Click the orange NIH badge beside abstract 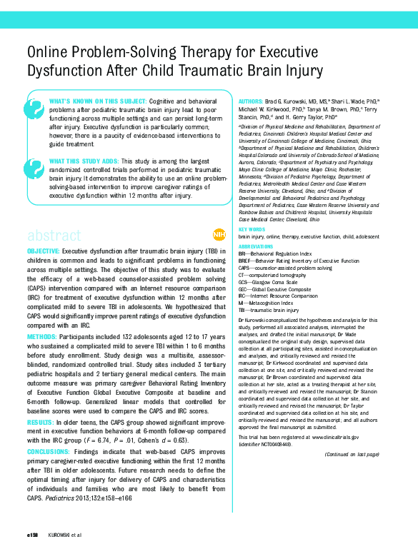[219, 235]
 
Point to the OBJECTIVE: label [44, 253]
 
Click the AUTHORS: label [251, 103]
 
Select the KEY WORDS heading [252, 229]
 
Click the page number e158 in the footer [32, 534]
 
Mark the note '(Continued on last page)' [351, 453]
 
